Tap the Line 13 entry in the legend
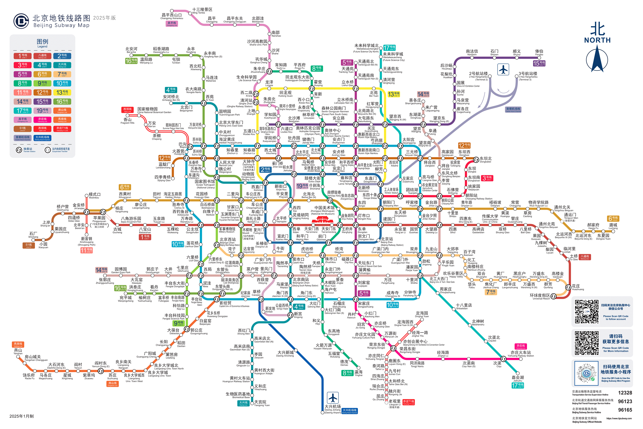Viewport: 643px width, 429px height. coord(62,92)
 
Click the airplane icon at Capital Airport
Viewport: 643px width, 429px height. coord(503,69)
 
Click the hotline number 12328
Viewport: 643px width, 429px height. coord(625,393)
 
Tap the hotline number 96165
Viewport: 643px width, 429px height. coord(625,410)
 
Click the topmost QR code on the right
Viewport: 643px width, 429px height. coord(586,312)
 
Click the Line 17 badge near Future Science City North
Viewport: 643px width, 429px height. coord(389,48)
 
